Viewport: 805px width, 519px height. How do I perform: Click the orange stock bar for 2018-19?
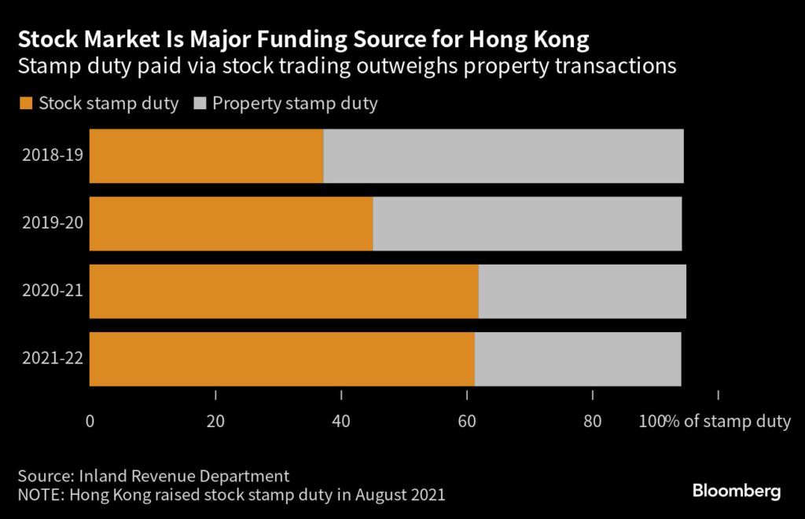pos(206,156)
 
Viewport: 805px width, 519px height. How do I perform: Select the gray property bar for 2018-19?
pos(503,156)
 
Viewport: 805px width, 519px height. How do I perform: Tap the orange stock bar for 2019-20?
pos(231,224)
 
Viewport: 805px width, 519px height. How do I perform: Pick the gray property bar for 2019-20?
pos(527,224)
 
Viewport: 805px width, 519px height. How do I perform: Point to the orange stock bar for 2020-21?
pos(284,291)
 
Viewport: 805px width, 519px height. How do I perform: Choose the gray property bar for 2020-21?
pos(582,291)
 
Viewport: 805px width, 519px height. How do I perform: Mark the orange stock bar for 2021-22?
pos(281,359)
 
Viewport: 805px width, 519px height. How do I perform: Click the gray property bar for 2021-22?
pos(577,359)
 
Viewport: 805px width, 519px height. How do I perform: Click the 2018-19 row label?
pos(53,155)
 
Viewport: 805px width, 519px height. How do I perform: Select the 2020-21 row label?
pos(53,291)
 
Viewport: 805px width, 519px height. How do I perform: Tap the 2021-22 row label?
pos(53,359)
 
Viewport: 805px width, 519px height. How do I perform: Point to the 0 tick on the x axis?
pos(90,422)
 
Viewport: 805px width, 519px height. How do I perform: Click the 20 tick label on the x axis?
pos(215,422)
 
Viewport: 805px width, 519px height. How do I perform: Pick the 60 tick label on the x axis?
pos(467,422)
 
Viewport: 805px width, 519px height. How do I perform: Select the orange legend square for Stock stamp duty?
pos(25,104)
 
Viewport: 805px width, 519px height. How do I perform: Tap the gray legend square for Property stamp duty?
pos(199,104)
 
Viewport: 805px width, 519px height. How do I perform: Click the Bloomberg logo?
pos(736,492)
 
